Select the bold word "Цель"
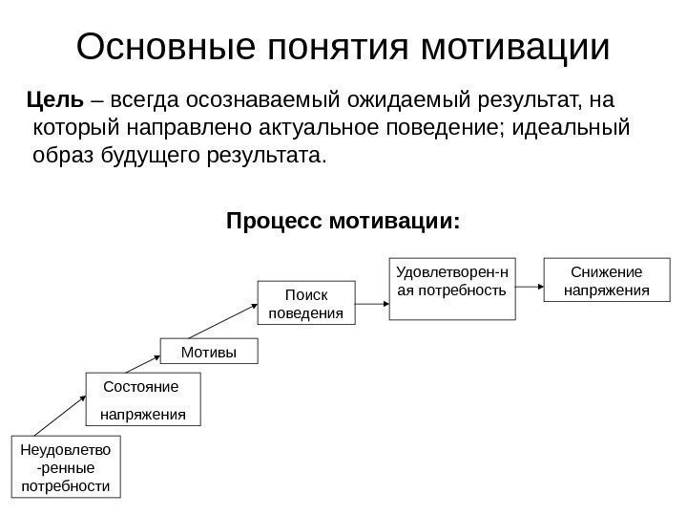pos(56,99)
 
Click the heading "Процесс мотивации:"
pos(343,222)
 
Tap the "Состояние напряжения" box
pos(144,399)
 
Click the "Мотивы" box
pos(208,353)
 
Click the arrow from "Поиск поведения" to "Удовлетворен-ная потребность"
pos(371,302)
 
